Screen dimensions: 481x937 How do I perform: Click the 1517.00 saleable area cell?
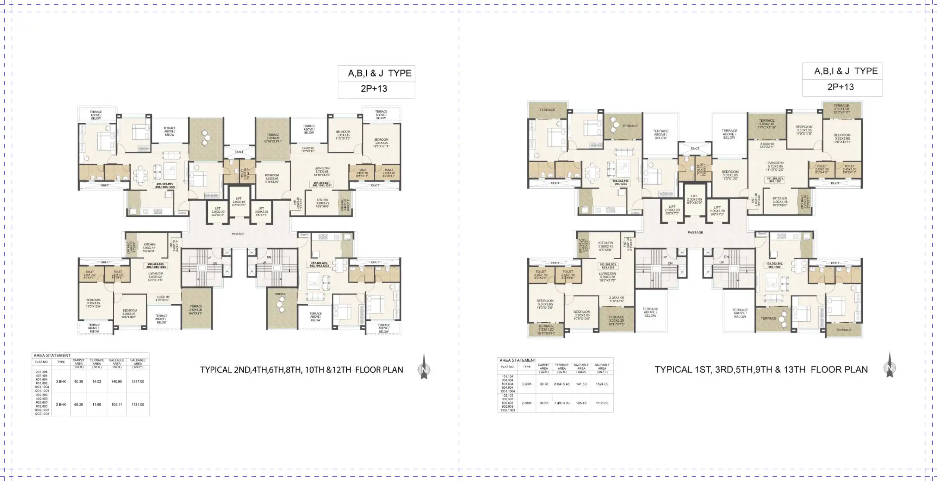[x=137, y=382]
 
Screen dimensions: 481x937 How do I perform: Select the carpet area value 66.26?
[x=79, y=404]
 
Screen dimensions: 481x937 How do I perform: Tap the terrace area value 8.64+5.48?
[x=561, y=384]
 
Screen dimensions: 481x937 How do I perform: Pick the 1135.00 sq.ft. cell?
[x=602, y=403]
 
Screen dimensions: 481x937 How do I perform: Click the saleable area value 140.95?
[x=116, y=382]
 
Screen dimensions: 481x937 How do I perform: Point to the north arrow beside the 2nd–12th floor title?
[x=424, y=367]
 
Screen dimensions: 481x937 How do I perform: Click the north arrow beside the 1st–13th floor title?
[x=889, y=365]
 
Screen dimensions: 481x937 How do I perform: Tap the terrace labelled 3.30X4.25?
[x=273, y=138]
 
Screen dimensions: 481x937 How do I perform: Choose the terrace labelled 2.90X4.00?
[x=196, y=310]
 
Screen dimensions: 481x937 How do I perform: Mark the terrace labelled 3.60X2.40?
[x=767, y=124]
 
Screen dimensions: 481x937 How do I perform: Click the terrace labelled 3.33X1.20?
[x=546, y=329]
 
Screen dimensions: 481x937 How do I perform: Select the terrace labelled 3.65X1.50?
[x=841, y=109]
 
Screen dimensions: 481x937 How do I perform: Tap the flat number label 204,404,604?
[x=165, y=185]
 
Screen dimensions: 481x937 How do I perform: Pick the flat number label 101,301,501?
[x=775, y=180]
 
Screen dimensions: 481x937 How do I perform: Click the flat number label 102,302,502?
[x=774, y=265]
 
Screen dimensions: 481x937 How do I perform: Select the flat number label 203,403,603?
[x=156, y=266]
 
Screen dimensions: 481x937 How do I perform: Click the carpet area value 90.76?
[x=544, y=384]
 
